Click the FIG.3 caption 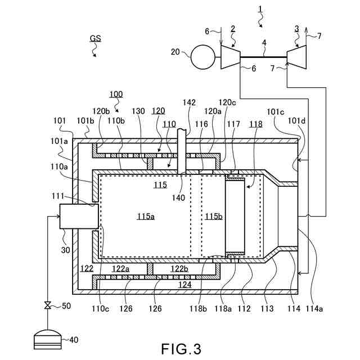181,348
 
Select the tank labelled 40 48,339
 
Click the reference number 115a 146,217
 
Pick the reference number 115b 213,217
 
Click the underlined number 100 116,94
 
